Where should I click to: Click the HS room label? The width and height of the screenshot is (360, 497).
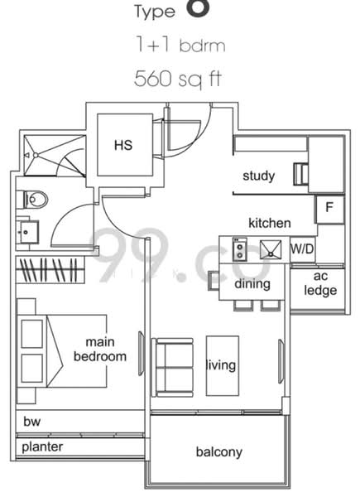pyautogui.click(x=124, y=144)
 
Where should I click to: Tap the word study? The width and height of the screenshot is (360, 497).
pyautogui.click(x=258, y=176)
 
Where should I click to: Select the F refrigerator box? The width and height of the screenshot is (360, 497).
pyautogui.click(x=329, y=208)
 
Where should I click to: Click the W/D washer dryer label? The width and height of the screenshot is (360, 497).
pyautogui.click(x=302, y=248)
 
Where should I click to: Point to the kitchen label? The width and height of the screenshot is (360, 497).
pyautogui.click(x=270, y=223)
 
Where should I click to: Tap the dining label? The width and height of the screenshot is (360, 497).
pyautogui.click(x=252, y=284)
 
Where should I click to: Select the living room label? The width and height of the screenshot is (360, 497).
pyautogui.click(x=221, y=364)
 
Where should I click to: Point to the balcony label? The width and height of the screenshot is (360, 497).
pyautogui.click(x=218, y=451)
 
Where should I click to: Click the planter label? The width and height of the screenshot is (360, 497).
pyautogui.click(x=42, y=446)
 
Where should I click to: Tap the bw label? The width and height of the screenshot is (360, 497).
pyautogui.click(x=31, y=422)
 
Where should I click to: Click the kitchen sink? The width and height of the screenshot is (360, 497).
pyautogui.click(x=269, y=248)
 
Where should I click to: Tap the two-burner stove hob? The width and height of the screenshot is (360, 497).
pyautogui.click(x=239, y=248)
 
